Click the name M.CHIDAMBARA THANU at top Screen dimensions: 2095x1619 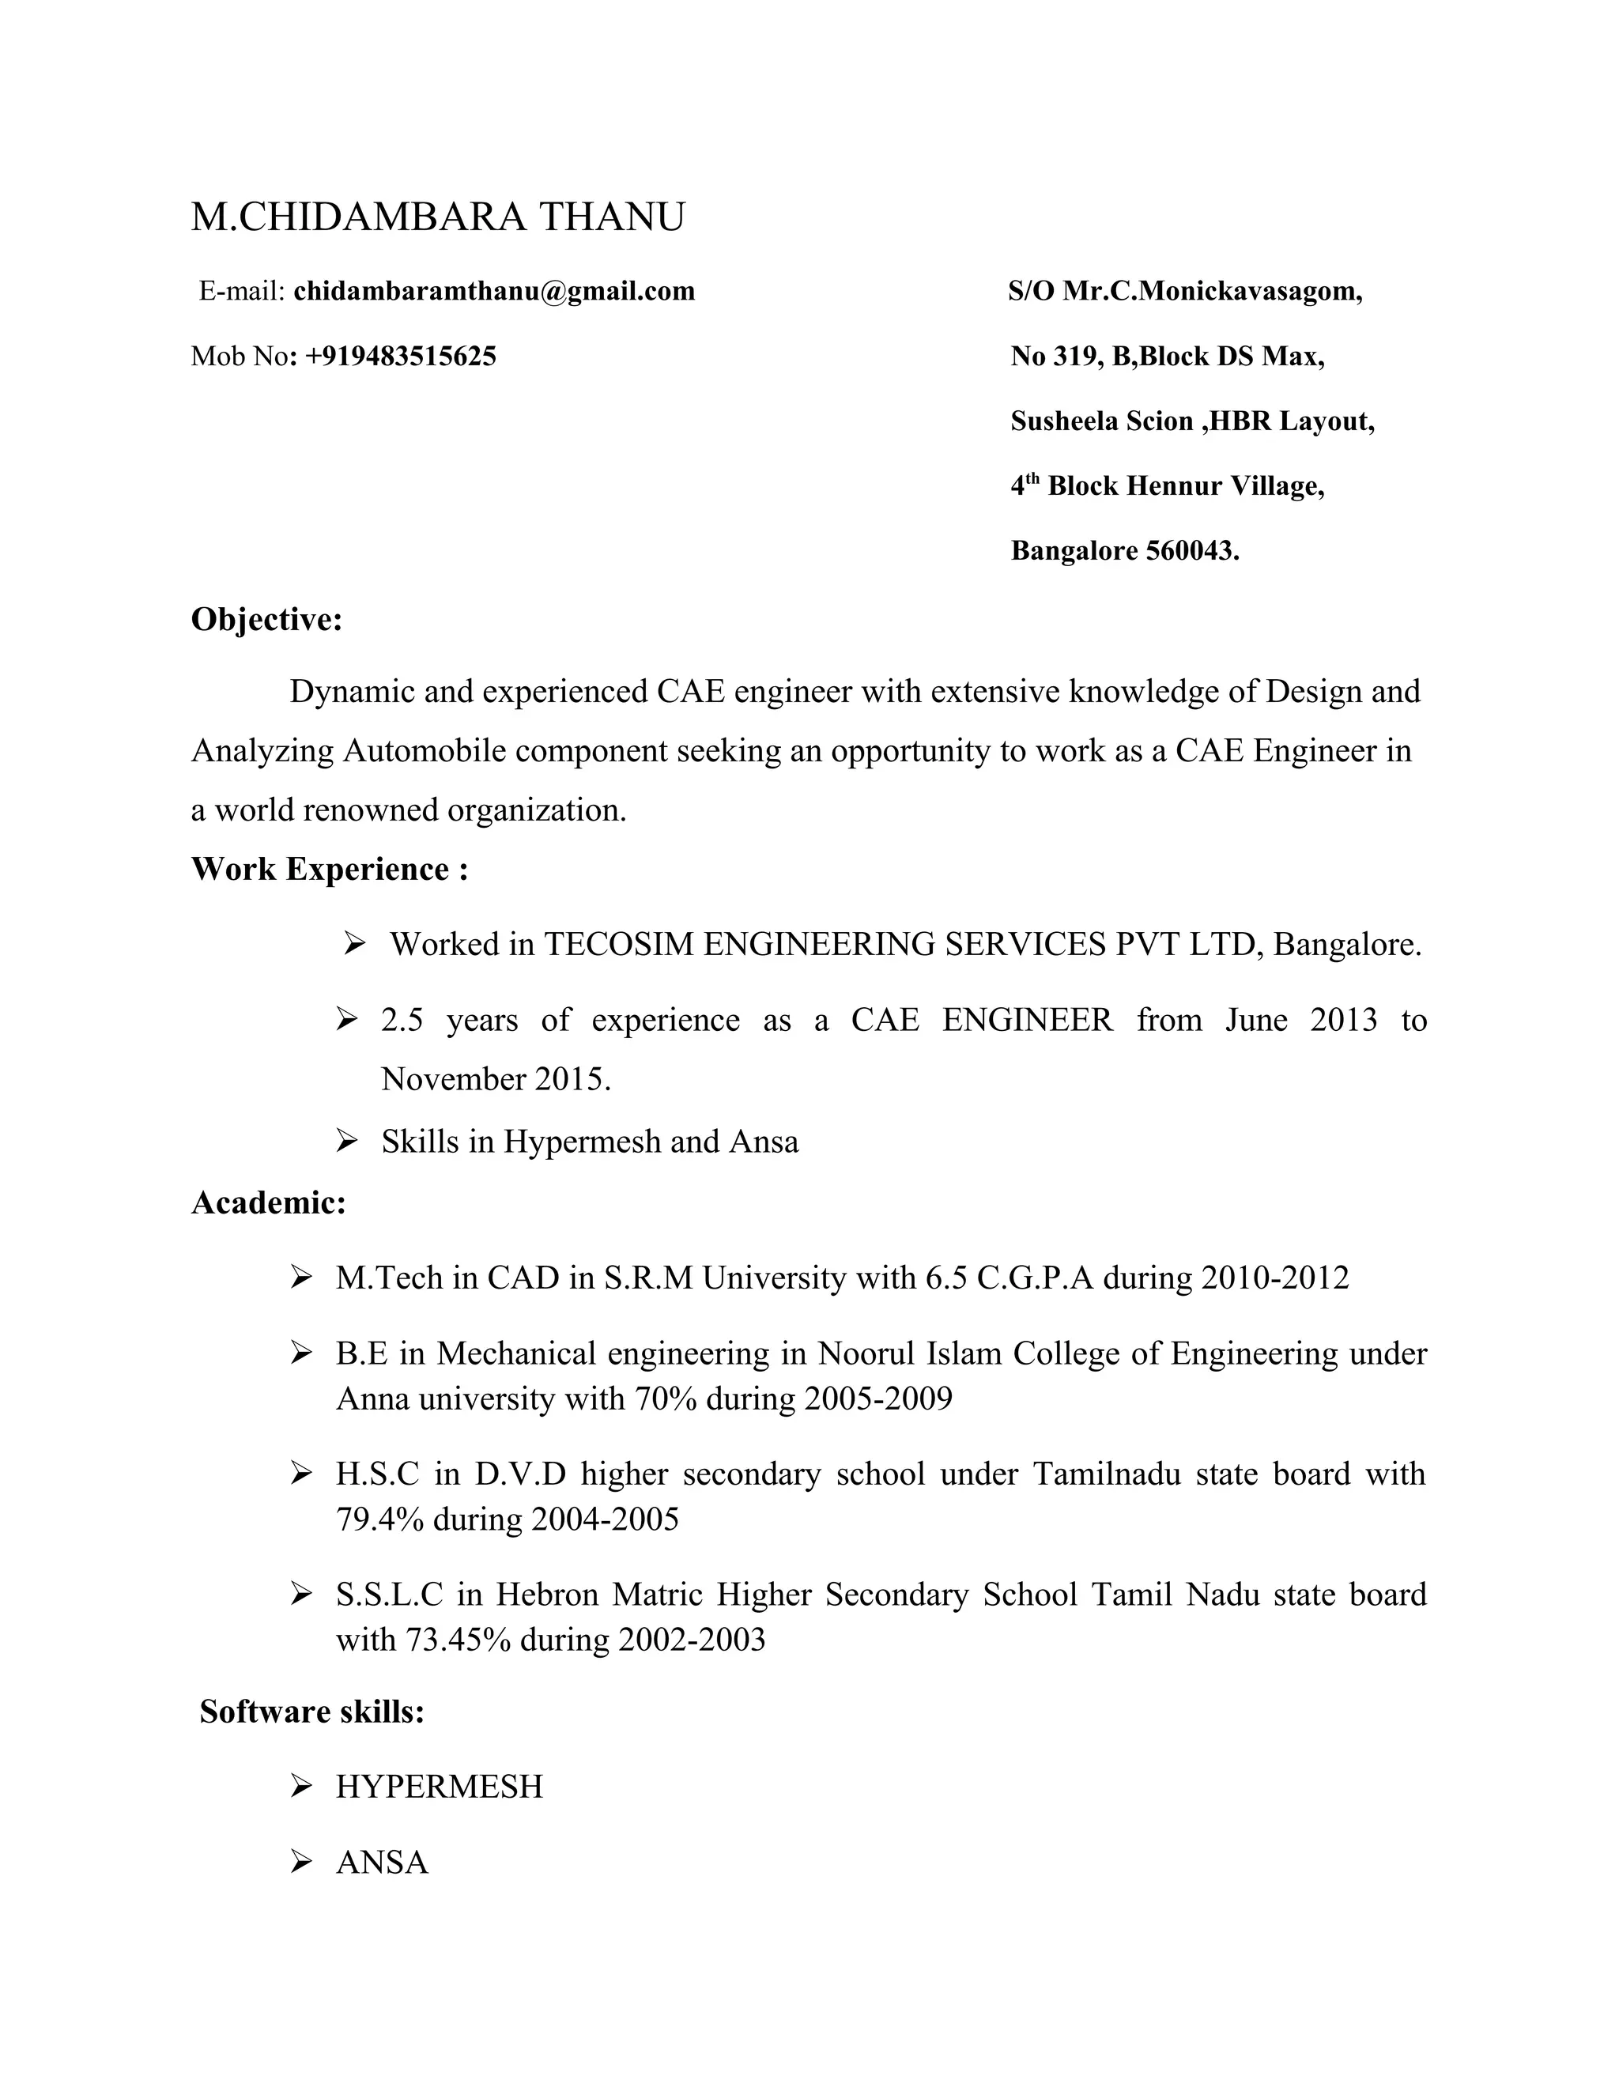[x=438, y=217]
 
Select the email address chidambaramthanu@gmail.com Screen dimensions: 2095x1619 [x=494, y=291]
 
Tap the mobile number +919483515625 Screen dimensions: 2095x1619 [x=401, y=356]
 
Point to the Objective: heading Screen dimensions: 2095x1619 [x=266, y=620]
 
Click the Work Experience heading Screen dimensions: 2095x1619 [x=330, y=869]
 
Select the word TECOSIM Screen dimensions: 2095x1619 [x=619, y=944]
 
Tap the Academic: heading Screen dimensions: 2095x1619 [x=269, y=1202]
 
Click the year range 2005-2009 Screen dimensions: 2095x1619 [x=878, y=1399]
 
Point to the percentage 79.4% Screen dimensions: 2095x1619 [x=379, y=1519]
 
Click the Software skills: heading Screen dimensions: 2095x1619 [x=311, y=1712]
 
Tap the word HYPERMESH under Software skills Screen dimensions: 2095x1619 [x=440, y=1786]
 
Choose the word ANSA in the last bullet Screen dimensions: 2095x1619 [x=382, y=1862]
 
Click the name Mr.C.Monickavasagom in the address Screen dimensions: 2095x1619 [x=1213, y=291]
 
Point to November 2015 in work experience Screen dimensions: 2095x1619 [x=496, y=1079]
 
